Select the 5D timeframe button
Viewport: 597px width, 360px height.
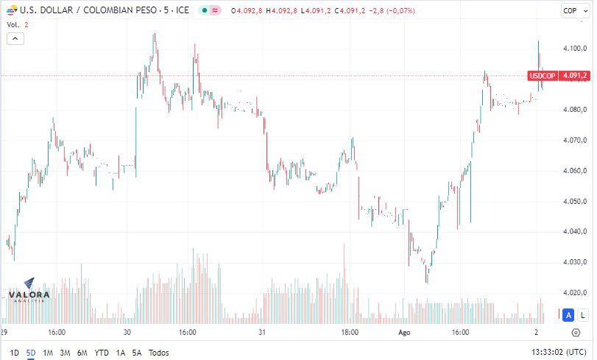click(x=30, y=353)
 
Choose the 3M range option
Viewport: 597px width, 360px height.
click(x=65, y=353)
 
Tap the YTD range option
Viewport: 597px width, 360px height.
click(x=102, y=353)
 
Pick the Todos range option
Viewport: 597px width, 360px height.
click(x=158, y=353)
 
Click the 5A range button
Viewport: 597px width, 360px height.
click(x=136, y=353)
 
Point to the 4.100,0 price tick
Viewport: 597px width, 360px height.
click(x=574, y=49)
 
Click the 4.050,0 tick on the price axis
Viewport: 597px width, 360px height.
click(x=574, y=201)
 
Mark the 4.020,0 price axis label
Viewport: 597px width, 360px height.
click(x=574, y=292)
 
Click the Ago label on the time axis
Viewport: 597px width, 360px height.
click(x=404, y=333)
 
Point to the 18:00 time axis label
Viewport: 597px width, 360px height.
click(x=350, y=333)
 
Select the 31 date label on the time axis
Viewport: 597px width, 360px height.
click(x=262, y=333)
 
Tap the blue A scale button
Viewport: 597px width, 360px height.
click(x=568, y=315)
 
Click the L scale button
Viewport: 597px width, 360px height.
click(x=582, y=315)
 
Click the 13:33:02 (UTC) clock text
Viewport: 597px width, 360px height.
click(x=557, y=353)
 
